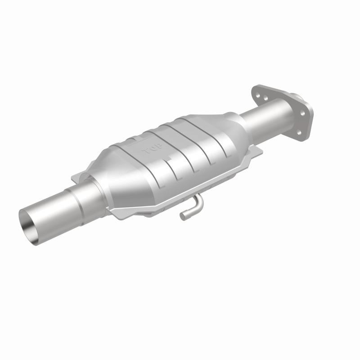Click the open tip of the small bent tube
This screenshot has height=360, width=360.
click(183, 216)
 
